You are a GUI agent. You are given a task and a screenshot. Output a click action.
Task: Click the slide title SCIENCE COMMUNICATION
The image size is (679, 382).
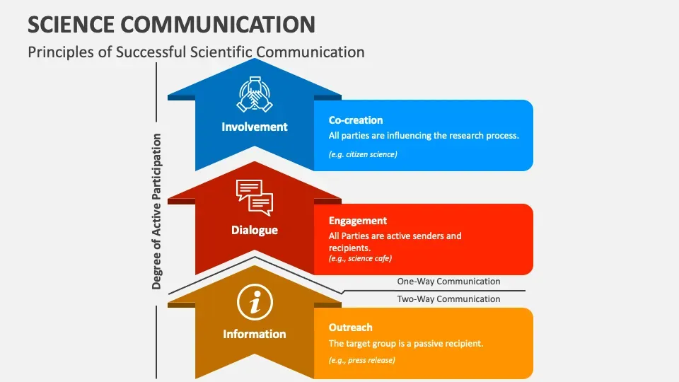(x=171, y=24)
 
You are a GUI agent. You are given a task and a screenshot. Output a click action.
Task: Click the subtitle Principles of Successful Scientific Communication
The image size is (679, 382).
(x=196, y=52)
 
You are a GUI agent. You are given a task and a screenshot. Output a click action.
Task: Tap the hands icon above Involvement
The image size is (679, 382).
(x=255, y=94)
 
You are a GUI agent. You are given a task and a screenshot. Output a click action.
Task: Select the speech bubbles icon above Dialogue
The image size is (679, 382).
(x=255, y=197)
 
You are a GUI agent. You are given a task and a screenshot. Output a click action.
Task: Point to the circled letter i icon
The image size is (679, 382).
(x=255, y=302)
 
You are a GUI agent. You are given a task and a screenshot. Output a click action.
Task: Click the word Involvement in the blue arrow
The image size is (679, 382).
(x=255, y=127)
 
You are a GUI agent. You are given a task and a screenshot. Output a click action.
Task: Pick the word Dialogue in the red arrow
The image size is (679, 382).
(x=255, y=230)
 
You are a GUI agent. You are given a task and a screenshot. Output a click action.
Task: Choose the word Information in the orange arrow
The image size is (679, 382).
(x=255, y=334)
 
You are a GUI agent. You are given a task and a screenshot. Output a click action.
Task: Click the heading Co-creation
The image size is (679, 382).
(x=356, y=120)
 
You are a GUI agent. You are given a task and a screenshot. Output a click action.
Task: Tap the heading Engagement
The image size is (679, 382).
(x=358, y=221)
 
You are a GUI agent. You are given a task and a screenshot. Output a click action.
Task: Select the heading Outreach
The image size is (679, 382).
(x=350, y=328)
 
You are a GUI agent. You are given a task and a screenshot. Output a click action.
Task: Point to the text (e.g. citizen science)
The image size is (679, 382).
(x=363, y=154)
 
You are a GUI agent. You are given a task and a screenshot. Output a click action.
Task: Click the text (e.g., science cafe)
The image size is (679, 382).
(x=360, y=259)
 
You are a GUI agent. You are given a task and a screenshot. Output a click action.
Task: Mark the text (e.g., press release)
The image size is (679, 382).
(x=362, y=360)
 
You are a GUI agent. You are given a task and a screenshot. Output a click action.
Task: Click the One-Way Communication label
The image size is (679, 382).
(x=448, y=281)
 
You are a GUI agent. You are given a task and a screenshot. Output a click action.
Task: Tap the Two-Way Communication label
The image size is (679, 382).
(x=448, y=299)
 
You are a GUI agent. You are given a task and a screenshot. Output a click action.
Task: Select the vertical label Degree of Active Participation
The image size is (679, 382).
(x=156, y=212)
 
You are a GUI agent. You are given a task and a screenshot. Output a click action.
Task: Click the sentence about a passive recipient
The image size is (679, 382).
(x=406, y=344)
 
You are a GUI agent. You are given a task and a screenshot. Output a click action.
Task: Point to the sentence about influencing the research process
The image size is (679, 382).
(x=424, y=136)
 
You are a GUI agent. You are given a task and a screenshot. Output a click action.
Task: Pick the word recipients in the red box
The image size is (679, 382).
(x=349, y=248)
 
